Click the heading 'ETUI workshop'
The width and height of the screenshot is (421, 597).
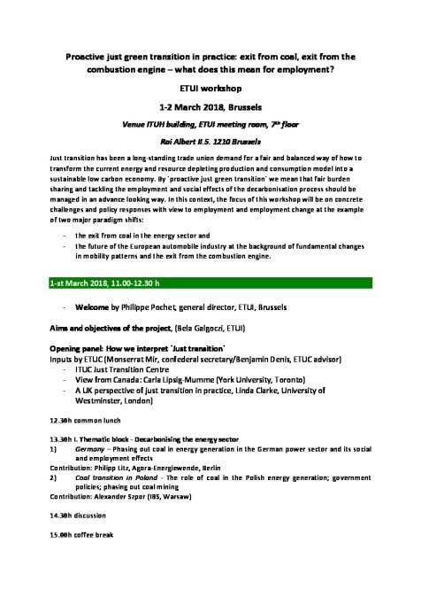(210, 89)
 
